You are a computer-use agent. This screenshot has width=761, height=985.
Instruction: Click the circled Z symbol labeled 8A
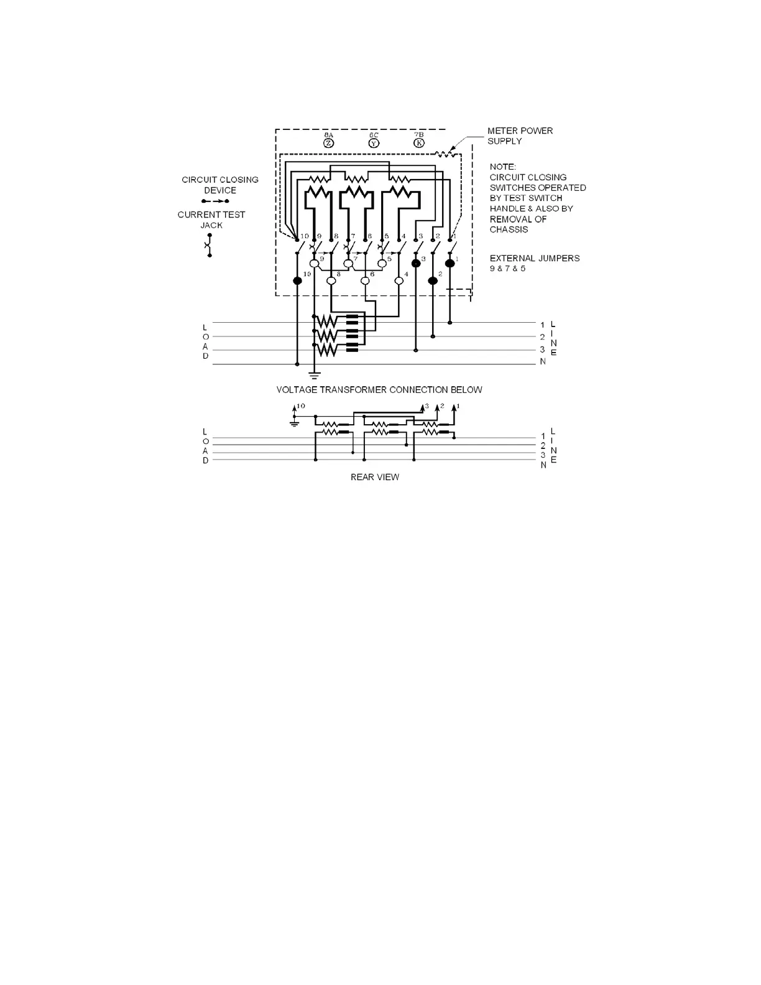(x=329, y=143)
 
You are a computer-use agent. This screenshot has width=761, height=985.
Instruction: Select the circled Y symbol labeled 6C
(x=374, y=143)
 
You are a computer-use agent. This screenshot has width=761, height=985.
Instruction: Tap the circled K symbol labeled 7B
(x=419, y=143)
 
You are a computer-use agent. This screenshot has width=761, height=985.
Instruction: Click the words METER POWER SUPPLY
(x=520, y=136)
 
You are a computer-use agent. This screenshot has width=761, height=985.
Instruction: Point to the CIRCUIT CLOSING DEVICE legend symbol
(x=215, y=201)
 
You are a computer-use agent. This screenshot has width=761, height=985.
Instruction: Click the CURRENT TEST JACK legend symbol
(x=210, y=245)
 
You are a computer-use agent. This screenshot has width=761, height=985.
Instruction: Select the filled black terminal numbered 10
(x=297, y=280)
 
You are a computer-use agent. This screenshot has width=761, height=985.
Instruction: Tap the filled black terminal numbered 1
(x=450, y=264)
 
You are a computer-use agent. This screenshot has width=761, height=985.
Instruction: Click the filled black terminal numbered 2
(x=433, y=280)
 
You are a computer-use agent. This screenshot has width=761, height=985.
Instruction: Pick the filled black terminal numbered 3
(x=416, y=264)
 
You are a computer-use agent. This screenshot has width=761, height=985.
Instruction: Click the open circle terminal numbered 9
(x=314, y=264)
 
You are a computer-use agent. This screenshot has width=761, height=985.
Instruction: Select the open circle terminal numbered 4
(x=399, y=280)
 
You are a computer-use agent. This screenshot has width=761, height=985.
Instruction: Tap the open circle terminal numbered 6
(x=365, y=280)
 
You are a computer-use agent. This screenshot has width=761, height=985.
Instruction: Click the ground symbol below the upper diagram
(x=314, y=374)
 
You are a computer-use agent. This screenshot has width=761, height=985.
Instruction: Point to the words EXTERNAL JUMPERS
(x=535, y=258)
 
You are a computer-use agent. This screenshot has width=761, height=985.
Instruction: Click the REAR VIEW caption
(x=375, y=477)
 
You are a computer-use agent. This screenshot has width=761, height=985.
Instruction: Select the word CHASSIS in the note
(x=509, y=229)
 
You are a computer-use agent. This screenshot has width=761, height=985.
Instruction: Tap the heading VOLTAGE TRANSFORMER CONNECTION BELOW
(x=379, y=390)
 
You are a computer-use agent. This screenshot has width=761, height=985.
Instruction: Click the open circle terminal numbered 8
(x=331, y=280)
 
